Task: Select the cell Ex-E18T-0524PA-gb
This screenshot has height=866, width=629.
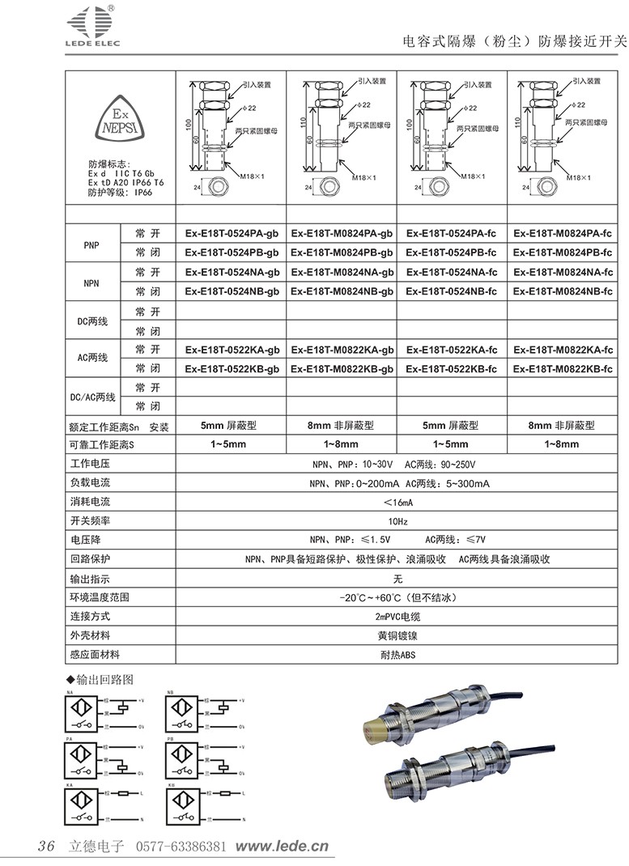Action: tap(232, 233)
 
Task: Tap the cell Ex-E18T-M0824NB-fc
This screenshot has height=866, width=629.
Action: tap(563, 291)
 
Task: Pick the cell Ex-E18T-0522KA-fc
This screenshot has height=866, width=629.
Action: tap(451, 350)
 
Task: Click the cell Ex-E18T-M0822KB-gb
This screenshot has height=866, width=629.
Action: tap(342, 369)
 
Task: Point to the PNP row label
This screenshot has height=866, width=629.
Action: tap(91, 243)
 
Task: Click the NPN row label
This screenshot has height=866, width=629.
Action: tap(91, 282)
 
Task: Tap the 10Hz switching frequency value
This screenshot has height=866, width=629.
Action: tap(397, 521)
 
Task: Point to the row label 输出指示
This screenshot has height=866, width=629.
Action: tap(90, 579)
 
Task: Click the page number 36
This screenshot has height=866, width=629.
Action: tap(45, 847)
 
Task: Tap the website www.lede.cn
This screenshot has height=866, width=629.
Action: tap(282, 847)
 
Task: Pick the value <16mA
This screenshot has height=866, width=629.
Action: tap(397, 503)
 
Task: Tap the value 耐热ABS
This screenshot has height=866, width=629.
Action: tap(397, 655)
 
